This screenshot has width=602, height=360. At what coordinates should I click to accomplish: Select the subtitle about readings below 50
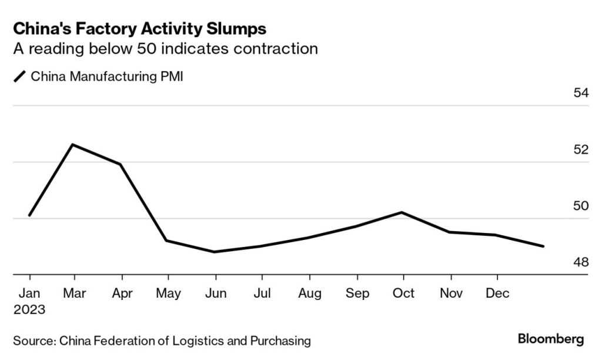(165, 48)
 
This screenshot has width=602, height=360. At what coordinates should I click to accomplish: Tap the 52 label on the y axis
(580, 149)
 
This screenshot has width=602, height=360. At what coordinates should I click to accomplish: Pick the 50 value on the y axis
(580, 206)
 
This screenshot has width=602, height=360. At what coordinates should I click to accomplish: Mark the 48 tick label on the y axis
(580, 262)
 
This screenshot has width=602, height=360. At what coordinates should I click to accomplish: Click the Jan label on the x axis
(29, 293)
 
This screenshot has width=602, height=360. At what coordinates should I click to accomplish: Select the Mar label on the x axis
(74, 293)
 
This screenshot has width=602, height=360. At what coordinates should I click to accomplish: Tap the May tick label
(168, 293)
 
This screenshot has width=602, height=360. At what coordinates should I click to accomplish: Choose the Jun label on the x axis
(215, 293)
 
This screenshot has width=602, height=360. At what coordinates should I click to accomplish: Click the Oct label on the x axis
(403, 293)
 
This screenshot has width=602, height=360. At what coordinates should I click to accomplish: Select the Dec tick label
(497, 293)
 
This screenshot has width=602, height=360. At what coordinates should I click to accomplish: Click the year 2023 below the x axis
(29, 309)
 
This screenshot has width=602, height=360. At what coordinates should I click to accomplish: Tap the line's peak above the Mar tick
(72, 144)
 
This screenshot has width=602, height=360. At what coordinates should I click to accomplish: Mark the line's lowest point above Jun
(215, 252)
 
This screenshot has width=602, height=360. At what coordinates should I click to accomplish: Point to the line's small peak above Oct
(402, 212)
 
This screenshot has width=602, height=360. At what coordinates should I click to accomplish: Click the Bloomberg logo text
(550, 339)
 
